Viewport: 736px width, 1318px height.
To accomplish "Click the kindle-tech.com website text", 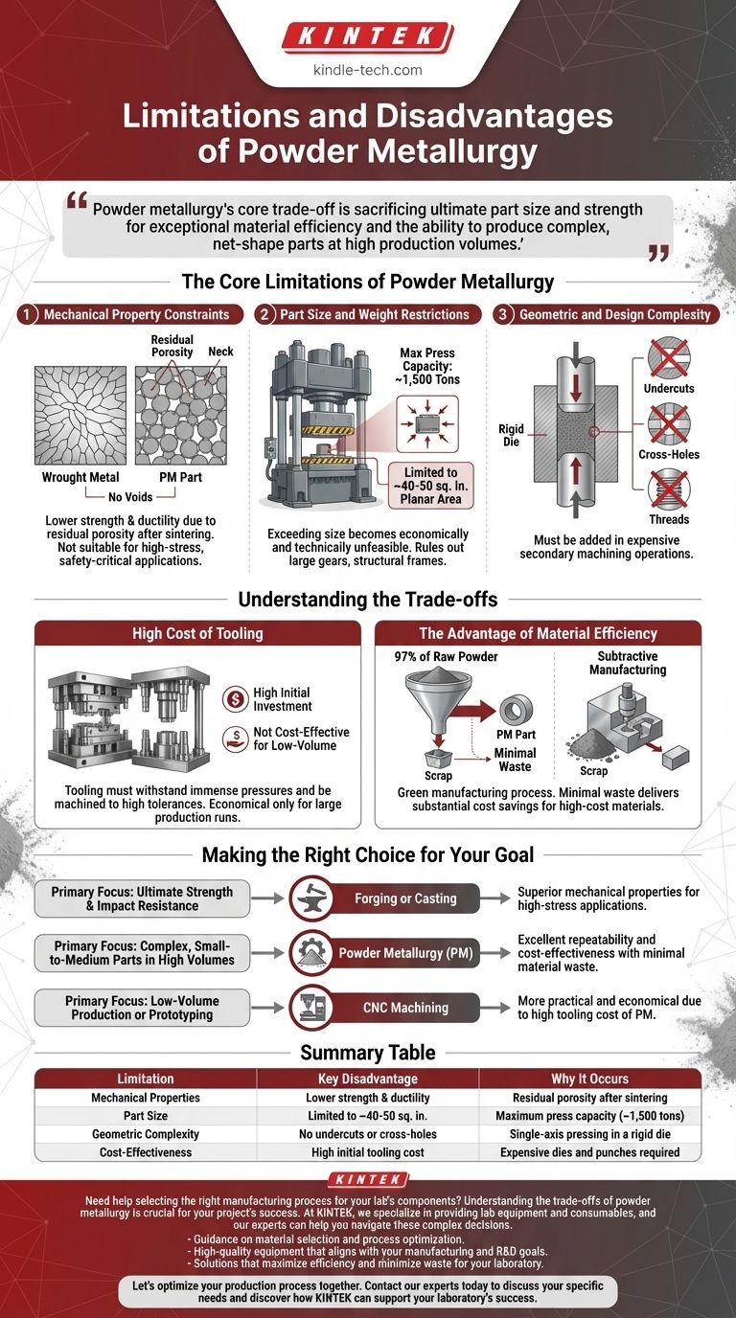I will pyautogui.click(x=367, y=70).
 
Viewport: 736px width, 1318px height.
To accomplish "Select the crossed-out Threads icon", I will pyautogui.click(x=669, y=489).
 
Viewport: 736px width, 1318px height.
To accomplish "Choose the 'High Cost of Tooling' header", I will pyautogui.click(x=197, y=633).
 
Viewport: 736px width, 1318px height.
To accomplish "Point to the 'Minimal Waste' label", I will pyautogui.click(x=516, y=761).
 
